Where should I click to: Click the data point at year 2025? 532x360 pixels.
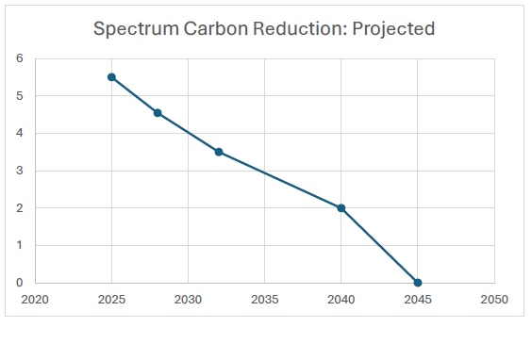point(111,77)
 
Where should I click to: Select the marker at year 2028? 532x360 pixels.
point(158,113)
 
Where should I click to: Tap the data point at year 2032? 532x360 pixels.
point(219,152)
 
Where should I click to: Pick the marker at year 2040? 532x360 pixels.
point(341,208)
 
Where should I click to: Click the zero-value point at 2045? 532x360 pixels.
point(418,283)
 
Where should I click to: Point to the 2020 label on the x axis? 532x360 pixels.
point(35,300)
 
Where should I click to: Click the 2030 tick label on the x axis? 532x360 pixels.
point(188,300)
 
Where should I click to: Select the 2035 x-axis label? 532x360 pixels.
point(264,300)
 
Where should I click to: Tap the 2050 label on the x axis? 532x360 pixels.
point(493,300)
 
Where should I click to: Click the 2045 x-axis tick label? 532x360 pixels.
point(417,300)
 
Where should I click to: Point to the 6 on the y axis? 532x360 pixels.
point(19,58)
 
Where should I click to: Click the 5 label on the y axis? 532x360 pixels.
point(19,96)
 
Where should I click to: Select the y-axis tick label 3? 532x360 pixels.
point(19,171)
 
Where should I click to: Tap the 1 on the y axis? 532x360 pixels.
point(19,245)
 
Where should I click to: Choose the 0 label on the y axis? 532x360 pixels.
point(19,283)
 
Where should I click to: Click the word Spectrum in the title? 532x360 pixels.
point(133,29)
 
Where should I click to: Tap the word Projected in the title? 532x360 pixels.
point(393,29)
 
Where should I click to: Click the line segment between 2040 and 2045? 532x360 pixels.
point(379,245)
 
